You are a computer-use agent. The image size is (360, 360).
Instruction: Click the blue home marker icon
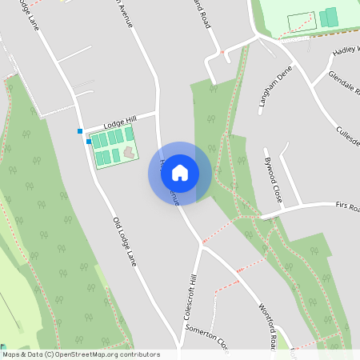[x=180, y=172]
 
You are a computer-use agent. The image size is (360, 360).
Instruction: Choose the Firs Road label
[x=342, y=206]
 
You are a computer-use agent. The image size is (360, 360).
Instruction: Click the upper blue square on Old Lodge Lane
[x=80, y=130]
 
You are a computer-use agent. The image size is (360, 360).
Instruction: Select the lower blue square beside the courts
[x=88, y=141]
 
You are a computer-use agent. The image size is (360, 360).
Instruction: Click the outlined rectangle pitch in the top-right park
[x=300, y=22]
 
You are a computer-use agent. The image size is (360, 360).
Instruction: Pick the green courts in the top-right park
[x=329, y=18]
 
